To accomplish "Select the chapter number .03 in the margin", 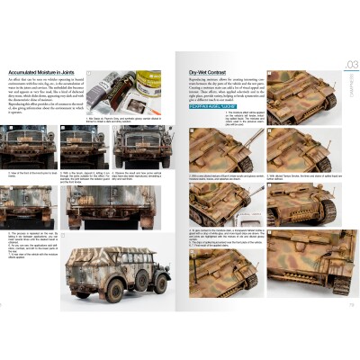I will [x=350, y=64].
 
